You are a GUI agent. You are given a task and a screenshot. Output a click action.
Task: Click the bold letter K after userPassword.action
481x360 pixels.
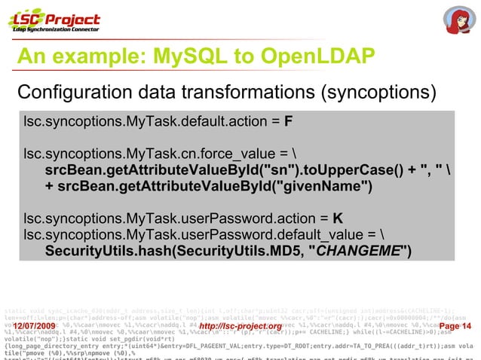tap(338, 219)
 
